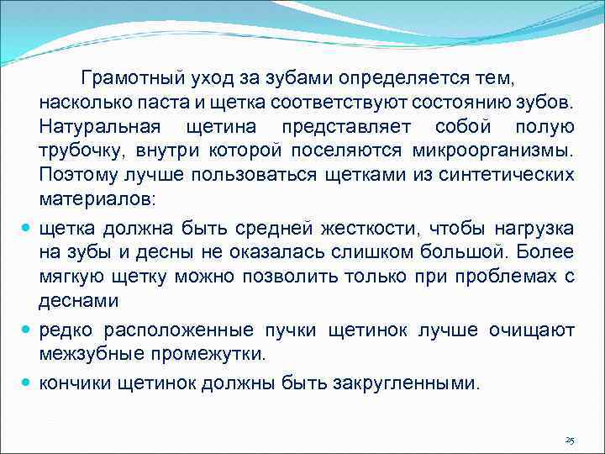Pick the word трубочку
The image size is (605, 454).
tap(77, 151)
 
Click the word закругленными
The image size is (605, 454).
tap(411, 383)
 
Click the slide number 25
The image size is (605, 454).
tap(569, 441)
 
